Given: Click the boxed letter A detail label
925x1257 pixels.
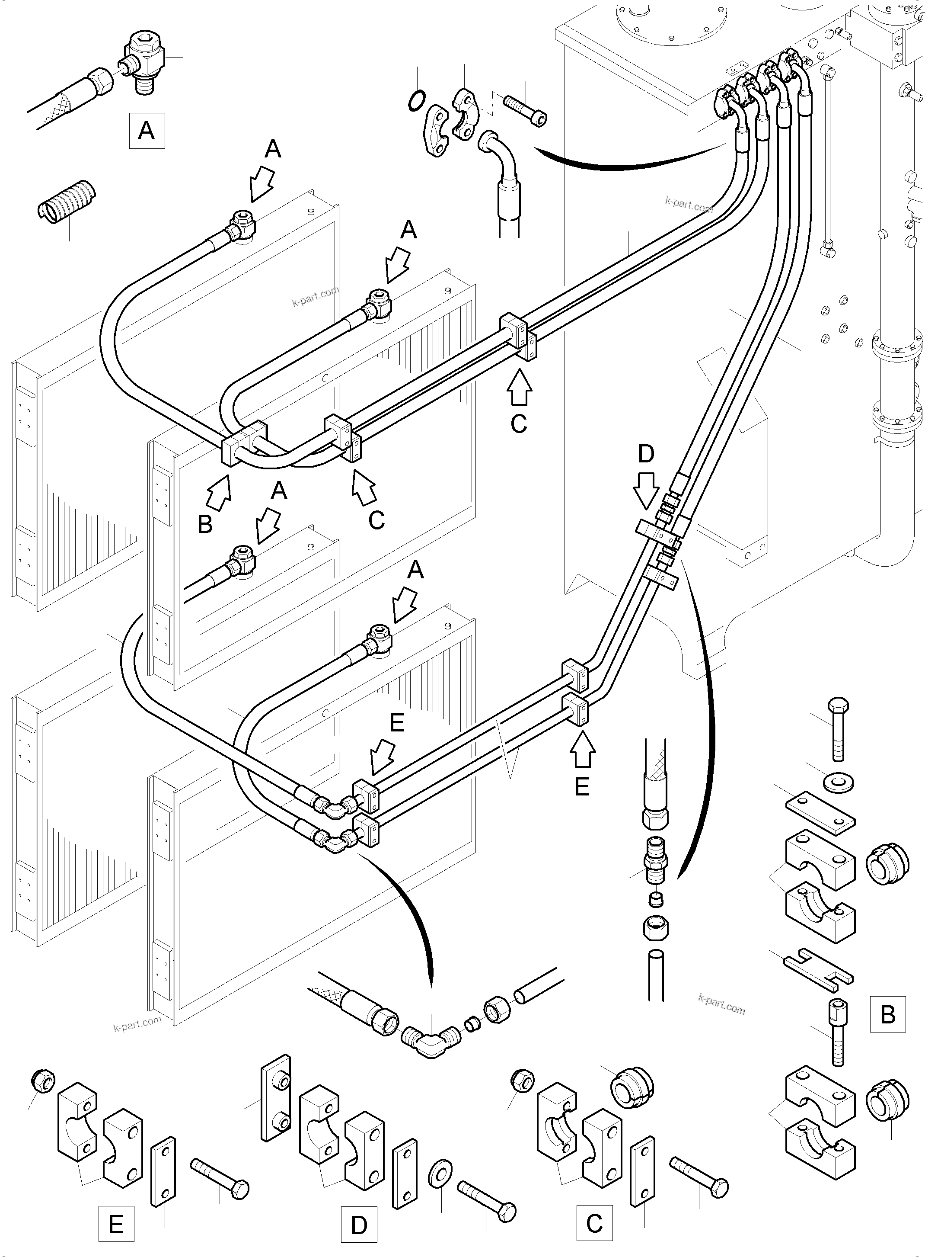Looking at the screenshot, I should pyautogui.click(x=147, y=131).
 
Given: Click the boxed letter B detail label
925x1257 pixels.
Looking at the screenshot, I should pyautogui.click(x=887, y=1014).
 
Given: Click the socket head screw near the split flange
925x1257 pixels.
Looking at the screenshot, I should pyautogui.click(x=525, y=111).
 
